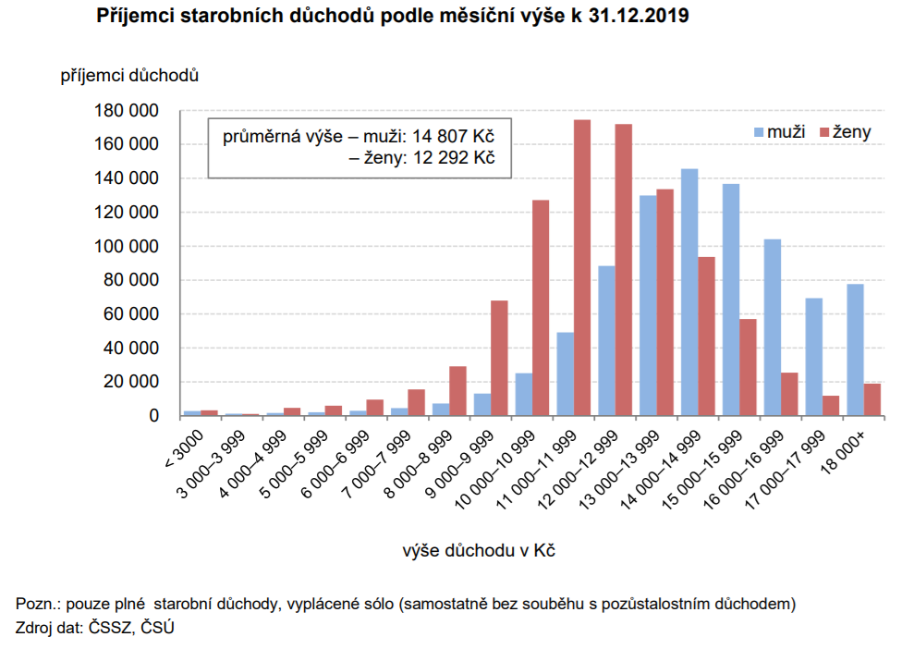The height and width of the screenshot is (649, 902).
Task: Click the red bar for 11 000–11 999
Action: pyautogui.click(x=582, y=268)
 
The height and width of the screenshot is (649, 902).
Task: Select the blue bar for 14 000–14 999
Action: pyautogui.click(x=689, y=292)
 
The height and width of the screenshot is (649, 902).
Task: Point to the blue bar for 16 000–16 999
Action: pyautogui.click(x=772, y=327)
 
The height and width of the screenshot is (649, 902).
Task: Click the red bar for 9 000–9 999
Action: pyautogui.click(x=499, y=358)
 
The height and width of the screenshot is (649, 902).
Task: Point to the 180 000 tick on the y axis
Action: pyautogui.click(x=127, y=111)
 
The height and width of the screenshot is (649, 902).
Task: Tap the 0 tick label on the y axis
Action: pyautogui.click(x=153, y=416)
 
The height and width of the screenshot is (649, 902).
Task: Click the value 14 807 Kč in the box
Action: pyautogui.click(x=457, y=137)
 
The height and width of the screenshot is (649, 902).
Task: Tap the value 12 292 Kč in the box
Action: pyautogui.click(x=457, y=157)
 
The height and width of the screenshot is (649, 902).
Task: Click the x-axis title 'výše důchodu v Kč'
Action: pyautogui.click(x=478, y=551)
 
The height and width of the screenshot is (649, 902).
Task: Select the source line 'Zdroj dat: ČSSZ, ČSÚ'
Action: pyautogui.click(x=95, y=628)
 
